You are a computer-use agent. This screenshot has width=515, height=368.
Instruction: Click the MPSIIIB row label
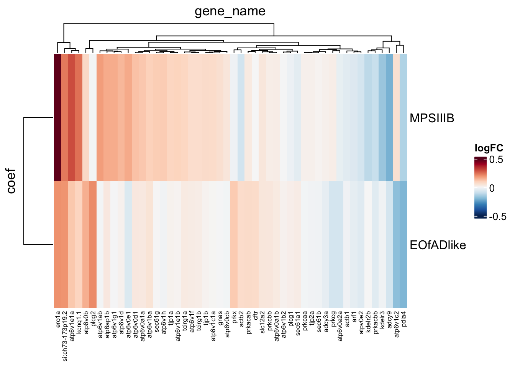pos(432,118)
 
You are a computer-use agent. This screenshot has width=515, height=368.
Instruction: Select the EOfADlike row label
pos(438,245)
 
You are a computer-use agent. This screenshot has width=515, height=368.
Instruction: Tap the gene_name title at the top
pos(230,11)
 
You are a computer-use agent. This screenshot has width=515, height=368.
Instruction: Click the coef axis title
pos(11,181)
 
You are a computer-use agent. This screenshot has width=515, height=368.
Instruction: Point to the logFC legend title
pos(489,148)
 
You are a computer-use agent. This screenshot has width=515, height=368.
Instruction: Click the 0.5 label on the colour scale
pos(496,160)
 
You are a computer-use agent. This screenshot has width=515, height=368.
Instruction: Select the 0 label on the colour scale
pos(492,188)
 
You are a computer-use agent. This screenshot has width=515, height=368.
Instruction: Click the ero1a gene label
pos(58,318)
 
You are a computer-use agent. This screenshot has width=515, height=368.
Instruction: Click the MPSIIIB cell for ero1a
pos(57,117)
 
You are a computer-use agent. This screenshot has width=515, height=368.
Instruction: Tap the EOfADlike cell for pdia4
pos(403,244)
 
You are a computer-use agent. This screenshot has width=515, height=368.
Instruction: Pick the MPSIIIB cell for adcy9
pos(389,117)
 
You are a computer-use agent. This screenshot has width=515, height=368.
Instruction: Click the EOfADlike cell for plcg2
pos(93,244)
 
